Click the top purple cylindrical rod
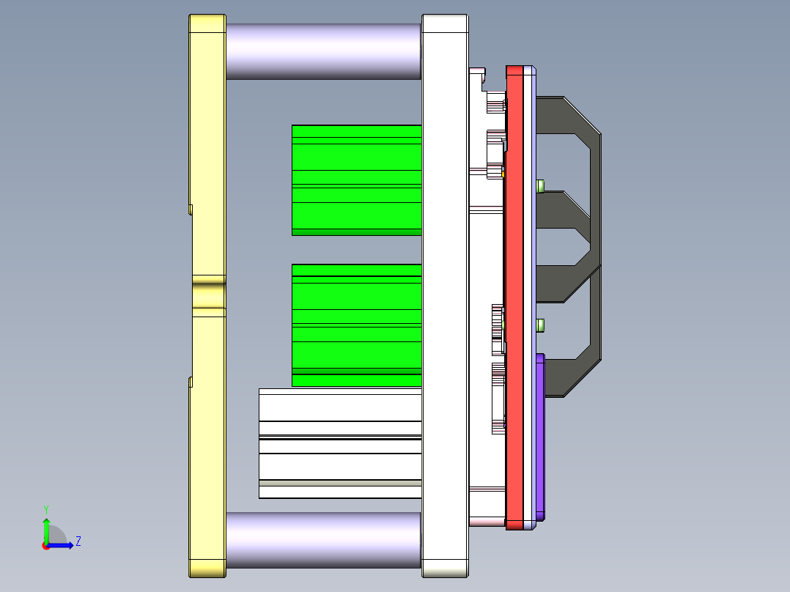click(322, 51)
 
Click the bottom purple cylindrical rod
click(322, 540)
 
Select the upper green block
click(356, 180)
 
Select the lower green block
click(356, 325)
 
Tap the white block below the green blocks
click(340, 443)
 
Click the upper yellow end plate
click(207, 147)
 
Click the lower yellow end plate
click(207, 440)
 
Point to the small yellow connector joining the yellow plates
click(209, 295)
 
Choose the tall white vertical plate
click(445, 293)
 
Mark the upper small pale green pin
click(541, 185)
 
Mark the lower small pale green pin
click(541, 325)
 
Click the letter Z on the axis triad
click(78, 541)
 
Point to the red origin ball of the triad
click(45, 546)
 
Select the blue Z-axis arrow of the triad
click(62, 545)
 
